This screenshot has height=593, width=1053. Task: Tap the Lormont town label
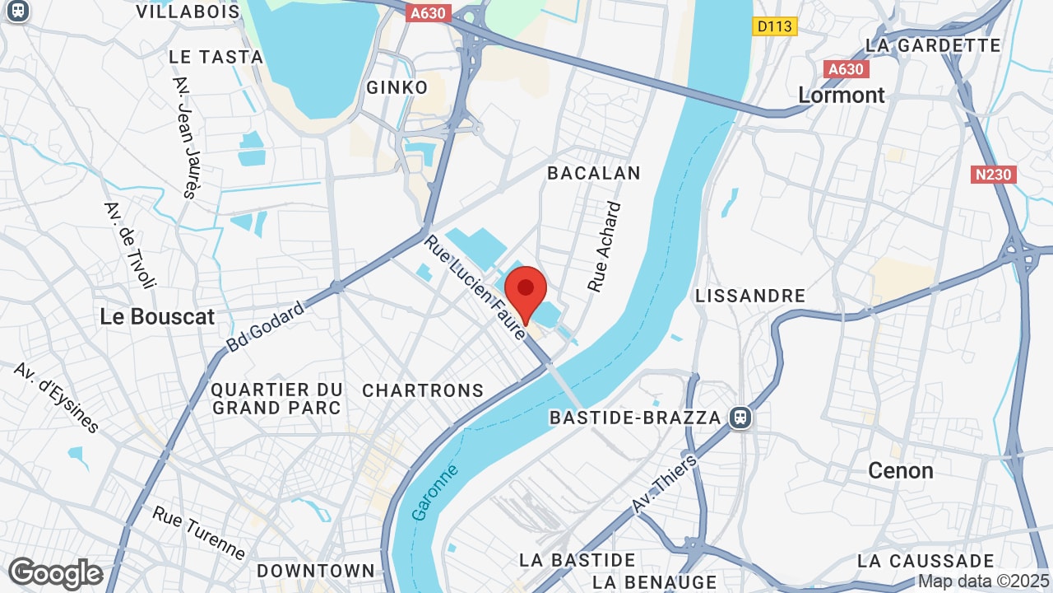pos(842,95)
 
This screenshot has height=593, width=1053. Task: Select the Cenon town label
pos(901,470)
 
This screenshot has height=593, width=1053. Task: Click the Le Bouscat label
pos(157,316)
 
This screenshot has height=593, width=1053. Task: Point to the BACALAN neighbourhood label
pos(594,173)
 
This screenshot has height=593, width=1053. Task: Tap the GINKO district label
pos(397,87)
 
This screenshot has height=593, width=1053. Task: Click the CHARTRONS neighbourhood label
pos(423,390)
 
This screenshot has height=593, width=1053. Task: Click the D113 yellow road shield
pos(774,26)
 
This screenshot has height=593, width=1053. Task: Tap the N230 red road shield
pos(994,175)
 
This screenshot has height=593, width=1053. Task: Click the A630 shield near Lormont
pos(845,69)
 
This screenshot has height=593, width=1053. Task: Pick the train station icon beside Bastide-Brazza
pos(740,418)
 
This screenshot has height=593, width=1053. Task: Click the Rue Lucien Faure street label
pos(475,287)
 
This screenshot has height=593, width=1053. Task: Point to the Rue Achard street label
pos(605,247)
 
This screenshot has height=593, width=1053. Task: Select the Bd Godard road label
pos(265,327)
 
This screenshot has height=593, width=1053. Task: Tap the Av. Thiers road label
pos(665,483)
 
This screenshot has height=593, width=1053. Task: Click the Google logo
pos(55,573)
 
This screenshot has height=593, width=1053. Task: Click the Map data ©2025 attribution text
pos(983,581)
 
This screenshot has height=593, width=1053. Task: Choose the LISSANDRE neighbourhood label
pos(749,296)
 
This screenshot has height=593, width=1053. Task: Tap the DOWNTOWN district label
pos(316,571)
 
